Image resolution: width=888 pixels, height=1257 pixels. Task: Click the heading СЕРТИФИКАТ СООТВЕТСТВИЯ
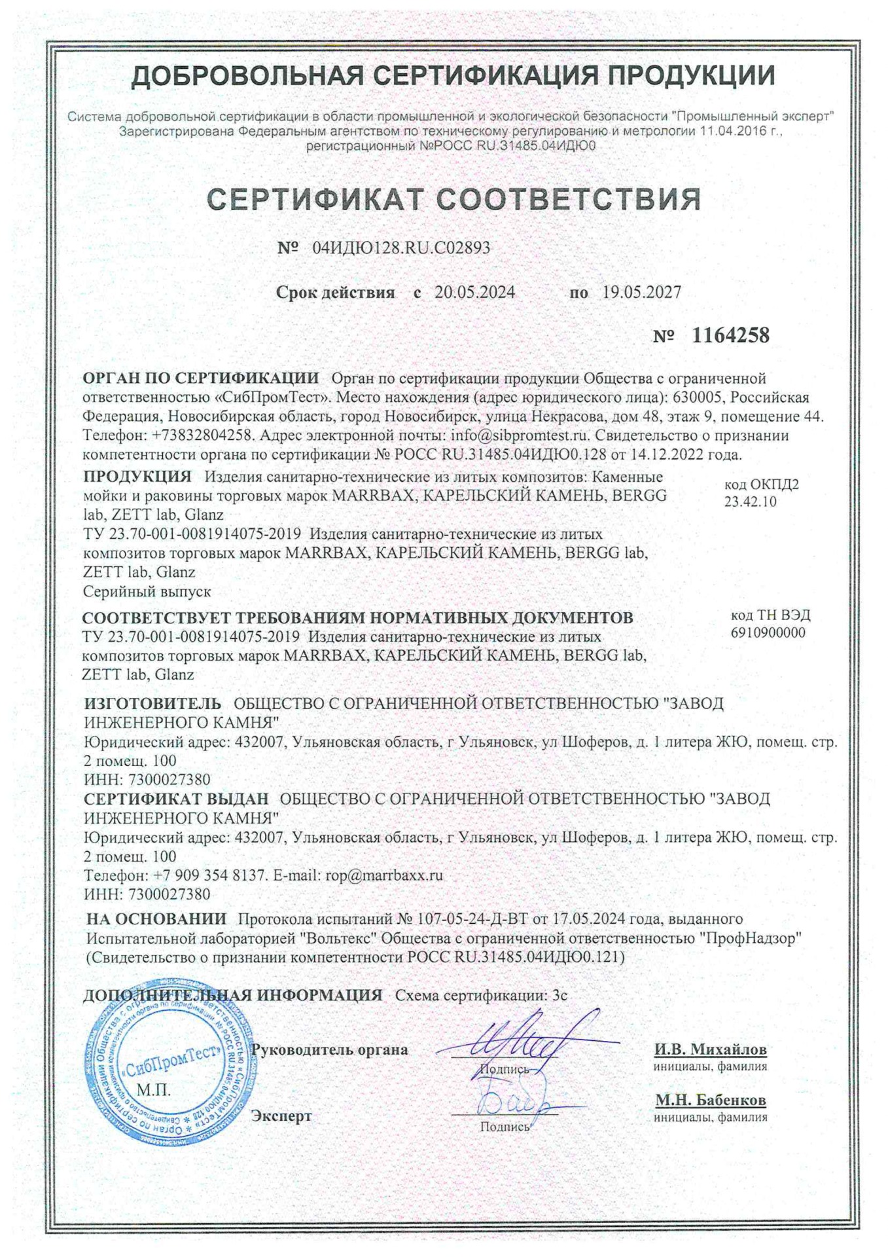coord(453,200)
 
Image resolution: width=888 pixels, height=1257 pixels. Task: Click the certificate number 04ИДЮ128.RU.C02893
coord(401,248)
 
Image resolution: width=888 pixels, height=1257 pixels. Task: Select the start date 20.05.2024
coord(474,293)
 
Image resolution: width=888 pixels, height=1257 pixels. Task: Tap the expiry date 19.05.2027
coord(641,293)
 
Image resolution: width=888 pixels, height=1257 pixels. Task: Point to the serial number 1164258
coord(730,336)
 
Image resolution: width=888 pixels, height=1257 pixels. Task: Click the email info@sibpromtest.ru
coord(520,435)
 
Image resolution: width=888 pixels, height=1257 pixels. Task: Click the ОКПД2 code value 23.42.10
coord(750,502)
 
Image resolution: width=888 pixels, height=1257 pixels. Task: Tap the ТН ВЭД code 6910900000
coord(768,632)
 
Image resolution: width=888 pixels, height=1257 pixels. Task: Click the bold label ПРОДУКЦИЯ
coord(137,477)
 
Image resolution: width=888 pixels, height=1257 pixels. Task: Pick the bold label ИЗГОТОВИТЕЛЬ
coord(152,704)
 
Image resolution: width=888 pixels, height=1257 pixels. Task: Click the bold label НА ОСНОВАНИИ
coord(156,919)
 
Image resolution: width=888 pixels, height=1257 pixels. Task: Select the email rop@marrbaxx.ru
coord(384,875)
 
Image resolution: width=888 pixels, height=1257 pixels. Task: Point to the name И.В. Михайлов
coord(710,1049)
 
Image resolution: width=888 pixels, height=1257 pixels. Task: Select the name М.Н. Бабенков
coord(711,1101)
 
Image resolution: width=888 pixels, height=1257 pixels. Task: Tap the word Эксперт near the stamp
coord(281,1116)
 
